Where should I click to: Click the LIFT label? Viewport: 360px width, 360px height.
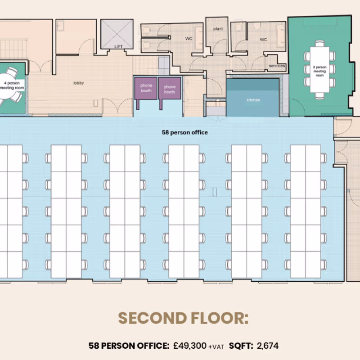coord(118,47)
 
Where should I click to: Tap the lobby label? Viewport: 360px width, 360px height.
coord(79,83)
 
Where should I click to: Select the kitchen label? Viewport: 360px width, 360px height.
coord(253,100)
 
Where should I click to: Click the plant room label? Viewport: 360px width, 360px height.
coord(218,29)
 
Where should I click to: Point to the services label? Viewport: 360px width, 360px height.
coord(277,66)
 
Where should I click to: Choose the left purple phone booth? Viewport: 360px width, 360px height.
coord(146,88)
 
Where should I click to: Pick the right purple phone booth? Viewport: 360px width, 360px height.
coord(170,89)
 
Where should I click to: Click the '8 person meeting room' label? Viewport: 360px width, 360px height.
coord(319,71)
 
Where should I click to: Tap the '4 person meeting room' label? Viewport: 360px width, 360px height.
coord(12,85)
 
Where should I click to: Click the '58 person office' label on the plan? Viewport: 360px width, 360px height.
coord(185,132)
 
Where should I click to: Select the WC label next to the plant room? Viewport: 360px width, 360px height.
coord(189,39)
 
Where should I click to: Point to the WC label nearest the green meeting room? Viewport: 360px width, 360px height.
coord(263,40)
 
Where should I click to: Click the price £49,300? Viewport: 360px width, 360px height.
coord(190,346)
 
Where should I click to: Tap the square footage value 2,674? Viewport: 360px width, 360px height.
coord(268,346)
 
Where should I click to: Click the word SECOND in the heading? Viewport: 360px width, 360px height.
coord(152,318)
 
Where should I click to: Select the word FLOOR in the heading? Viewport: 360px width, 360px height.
coord(220,318)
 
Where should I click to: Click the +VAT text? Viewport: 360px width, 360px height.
coord(216,346)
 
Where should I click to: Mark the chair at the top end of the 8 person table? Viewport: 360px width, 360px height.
coord(319,43)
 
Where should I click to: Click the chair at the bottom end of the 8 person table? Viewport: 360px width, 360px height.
coord(319,96)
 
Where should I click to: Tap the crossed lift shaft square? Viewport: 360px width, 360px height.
coord(117,34)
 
